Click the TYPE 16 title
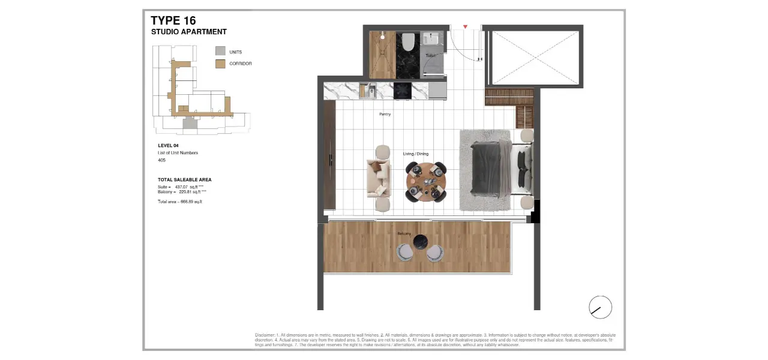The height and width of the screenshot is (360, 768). pos(173,21)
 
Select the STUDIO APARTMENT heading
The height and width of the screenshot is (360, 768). pos(189,32)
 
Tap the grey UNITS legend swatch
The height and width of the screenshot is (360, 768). pos(220,52)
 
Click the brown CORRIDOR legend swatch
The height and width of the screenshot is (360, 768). pos(220,64)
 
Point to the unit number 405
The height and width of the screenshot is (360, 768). pos(162,160)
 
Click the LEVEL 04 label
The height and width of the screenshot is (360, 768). pos(168,146)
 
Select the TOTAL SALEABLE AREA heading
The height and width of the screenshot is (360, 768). pos(185,179)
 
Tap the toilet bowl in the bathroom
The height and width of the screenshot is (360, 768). pos(408,42)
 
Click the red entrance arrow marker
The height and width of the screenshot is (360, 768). pos(465,27)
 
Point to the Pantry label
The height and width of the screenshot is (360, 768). pos(385,114)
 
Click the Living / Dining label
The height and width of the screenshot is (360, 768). pos(416,154)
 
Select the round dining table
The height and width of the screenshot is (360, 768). pos(425,181)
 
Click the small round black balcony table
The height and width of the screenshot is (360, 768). pos(421,242)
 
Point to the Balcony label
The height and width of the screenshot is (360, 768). pos(404,233)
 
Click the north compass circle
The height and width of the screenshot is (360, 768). pos(600,307)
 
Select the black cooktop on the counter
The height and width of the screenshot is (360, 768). pos(401,91)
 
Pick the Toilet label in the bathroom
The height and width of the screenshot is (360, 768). pos(430,56)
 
